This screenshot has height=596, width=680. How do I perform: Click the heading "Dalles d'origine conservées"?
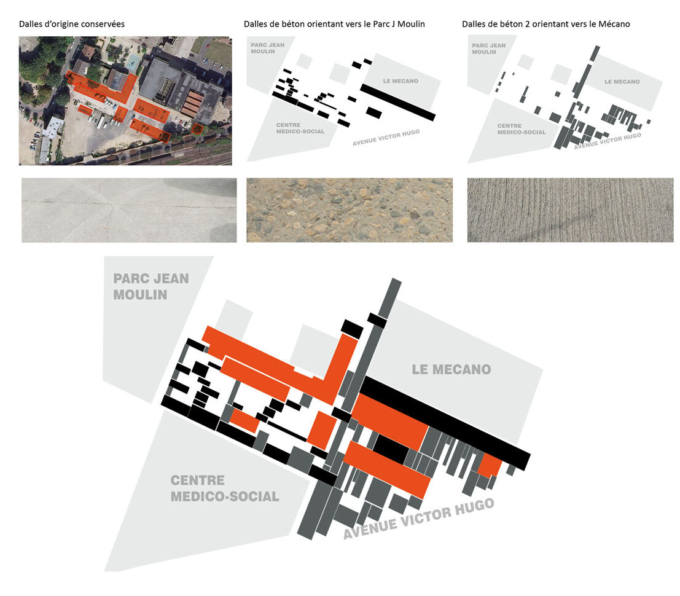coord(71,24)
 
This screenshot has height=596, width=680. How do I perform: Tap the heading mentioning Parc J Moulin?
coord(334,24)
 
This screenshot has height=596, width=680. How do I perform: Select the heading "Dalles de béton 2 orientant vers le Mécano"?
coord(546,24)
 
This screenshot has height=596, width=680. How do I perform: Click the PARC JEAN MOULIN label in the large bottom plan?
coord(151,286)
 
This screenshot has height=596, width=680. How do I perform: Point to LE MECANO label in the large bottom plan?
coord(451,369)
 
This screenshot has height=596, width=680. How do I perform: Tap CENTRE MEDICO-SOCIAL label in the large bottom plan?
coord(225,488)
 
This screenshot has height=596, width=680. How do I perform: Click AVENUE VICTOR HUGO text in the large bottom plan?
coord(419,519)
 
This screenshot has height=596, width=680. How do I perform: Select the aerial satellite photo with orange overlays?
coord(125,101)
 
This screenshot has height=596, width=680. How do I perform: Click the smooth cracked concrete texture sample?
coord(129,210)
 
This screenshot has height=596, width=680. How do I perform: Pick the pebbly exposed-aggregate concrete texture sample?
coord(350,210)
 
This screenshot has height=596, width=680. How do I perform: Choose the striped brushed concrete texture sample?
coord(570,210)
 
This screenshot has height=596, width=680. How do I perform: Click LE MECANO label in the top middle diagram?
coord(401,81)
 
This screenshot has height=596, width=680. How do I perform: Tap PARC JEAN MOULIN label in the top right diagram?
coord(489,49)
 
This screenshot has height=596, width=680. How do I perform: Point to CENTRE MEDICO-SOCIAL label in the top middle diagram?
coord(300,128)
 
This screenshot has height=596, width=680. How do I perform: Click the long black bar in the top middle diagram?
coord(397,103)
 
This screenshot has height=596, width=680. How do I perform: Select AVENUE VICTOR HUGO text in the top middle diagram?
coord(386,138)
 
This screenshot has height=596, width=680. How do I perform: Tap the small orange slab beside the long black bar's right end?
coord(490,465)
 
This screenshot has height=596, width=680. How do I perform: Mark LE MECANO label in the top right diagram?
coord(622,82)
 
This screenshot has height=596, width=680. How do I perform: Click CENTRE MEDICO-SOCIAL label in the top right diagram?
coord(522,129)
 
